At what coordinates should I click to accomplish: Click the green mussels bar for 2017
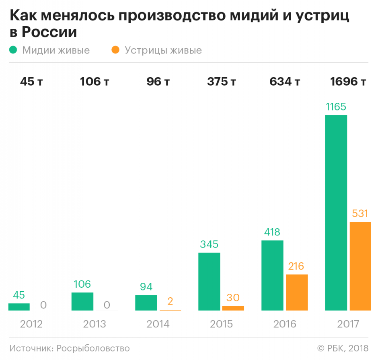click(x=336, y=213)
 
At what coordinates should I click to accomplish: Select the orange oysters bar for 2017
click(x=360, y=266)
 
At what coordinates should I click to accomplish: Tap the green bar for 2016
click(x=272, y=275)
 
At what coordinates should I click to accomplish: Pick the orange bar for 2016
click(x=297, y=292)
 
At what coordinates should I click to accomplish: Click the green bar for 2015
click(x=209, y=281)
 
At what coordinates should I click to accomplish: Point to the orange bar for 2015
click(x=233, y=308)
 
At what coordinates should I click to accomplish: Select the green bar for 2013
click(x=82, y=301)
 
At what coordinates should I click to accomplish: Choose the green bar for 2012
click(x=19, y=307)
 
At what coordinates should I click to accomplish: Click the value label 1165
click(x=336, y=107)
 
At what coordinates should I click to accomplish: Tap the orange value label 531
click(x=360, y=213)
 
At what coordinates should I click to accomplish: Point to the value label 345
click(x=209, y=244)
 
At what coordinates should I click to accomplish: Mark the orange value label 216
click(x=297, y=266)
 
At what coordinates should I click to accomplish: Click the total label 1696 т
click(x=348, y=82)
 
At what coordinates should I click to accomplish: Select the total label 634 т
click(x=285, y=82)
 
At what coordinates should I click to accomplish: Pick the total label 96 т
click(x=158, y=82)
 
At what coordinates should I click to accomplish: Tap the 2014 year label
click(x=158, y=324)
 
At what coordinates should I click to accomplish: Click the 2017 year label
click(x=348, y=324)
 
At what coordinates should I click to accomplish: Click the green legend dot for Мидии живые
click(x=14, y=50)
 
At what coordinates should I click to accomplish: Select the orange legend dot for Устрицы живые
click(x=116, y=50)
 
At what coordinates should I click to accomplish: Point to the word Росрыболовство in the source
click(x=93, y=348)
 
